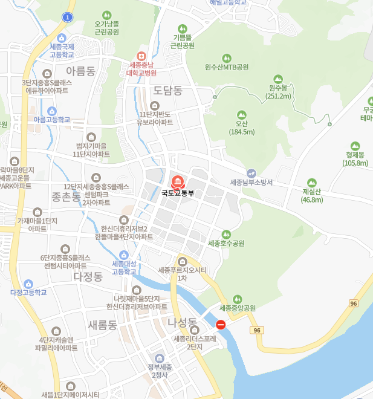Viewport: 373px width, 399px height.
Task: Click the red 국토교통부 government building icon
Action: tap(177, 181)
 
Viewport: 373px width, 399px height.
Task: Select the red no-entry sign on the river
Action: tap(221, 325)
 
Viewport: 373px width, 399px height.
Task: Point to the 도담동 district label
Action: tap(167, 91)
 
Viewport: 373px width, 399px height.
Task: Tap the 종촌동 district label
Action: tap(66, 196)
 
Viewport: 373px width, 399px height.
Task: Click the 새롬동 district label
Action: tap(102, 325)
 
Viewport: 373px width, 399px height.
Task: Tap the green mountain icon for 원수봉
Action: tap(278, 79)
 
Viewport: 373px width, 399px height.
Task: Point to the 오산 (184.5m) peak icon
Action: tap(241, 115)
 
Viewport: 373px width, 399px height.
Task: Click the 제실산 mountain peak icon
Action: tap(312, 183)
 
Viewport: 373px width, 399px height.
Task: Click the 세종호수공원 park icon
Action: tap(226, 234)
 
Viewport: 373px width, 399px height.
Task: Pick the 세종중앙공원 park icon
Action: tap(237, 299)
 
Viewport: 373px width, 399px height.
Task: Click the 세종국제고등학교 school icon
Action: tap(62, 37)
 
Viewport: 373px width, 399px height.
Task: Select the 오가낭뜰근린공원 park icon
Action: tap(106, 15)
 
